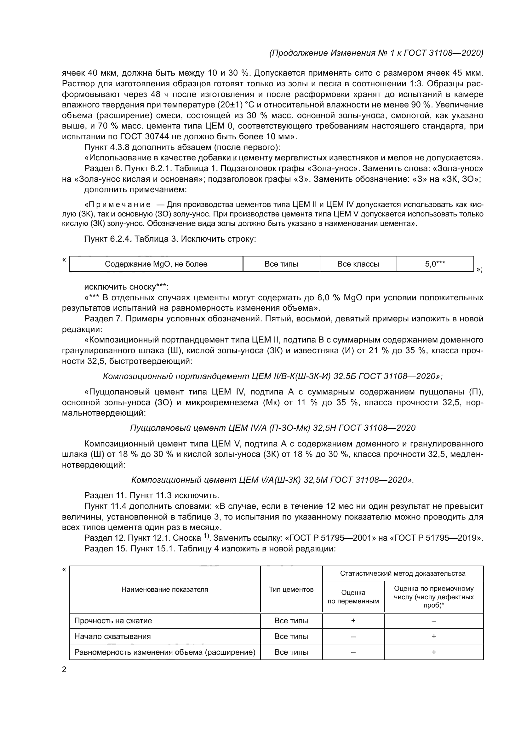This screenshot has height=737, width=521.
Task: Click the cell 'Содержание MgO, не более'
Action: point(156,264)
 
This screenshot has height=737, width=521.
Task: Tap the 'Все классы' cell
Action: point(358,264)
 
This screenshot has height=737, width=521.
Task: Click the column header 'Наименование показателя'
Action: point(164,589)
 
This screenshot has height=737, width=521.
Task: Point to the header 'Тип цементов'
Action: point(291,589)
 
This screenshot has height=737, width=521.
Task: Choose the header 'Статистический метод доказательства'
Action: point(403,573)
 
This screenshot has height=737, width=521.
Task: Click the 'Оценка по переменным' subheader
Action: point(353,597)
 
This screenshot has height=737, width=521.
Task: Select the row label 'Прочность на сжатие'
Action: point(113,621)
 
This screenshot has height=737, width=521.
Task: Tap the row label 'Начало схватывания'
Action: point(112,636)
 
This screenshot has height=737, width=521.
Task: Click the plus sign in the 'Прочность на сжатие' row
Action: point(353,621)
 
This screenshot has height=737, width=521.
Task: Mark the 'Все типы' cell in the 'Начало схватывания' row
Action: point(291,636)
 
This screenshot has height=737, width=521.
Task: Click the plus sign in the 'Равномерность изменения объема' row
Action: point(434,652)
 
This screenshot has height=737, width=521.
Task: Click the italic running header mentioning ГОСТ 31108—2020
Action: point(376,53)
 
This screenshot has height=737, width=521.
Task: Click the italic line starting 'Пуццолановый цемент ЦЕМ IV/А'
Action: point(273,428)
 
